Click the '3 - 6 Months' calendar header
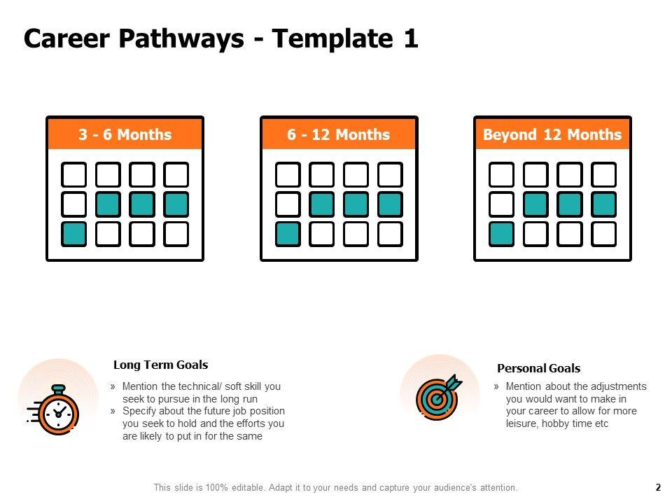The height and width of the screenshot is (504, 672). click(x=125, y=134)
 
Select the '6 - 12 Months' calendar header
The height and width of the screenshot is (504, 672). click(x=339, y=134)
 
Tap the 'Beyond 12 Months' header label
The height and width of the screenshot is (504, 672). click(x=552, y=134)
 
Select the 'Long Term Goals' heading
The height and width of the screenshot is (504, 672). click(x=161, y=365)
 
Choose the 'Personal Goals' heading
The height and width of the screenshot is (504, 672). click(x=539, y=368)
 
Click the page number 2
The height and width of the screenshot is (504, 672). click(x=658, y=487)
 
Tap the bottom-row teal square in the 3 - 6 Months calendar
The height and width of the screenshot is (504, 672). click(x=73, y=234)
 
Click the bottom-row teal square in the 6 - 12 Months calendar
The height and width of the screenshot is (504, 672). click(x=288, y=234)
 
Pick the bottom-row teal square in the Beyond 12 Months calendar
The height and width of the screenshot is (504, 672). click(x=501, y=234)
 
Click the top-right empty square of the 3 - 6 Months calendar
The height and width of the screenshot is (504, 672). click(x=176, y=174)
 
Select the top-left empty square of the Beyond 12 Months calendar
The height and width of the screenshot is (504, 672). click(x=501, y=174)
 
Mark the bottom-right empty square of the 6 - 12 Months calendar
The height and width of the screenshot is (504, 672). click(x=390, y=234)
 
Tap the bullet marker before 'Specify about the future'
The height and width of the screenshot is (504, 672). click(x=113, y=411)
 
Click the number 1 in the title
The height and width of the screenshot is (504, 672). click(x=411, y=38)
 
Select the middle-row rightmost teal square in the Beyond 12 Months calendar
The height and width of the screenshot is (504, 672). click(x=604, y=204)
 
